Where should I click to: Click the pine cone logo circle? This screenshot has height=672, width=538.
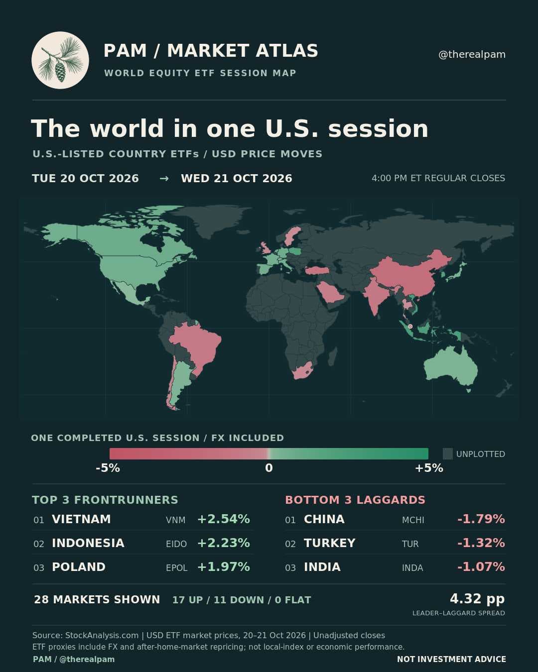click(60, 60)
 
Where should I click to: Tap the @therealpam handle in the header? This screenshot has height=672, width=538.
click(472, 54)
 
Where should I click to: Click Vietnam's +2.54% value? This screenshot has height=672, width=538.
click(224, 519)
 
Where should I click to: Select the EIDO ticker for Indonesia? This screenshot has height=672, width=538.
click(176, 544)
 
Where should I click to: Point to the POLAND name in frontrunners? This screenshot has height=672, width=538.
click(79, 567)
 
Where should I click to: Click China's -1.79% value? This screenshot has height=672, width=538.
click(481, 519)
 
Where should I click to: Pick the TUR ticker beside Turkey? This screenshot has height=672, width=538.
click(410, 544)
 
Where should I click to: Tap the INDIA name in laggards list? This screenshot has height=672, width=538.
click(322, 567)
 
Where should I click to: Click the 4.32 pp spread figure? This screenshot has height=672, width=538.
click(477, 599)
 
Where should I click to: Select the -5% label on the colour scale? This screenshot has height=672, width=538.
click(108, 468)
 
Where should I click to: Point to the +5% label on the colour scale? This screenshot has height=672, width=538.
click(429, 468)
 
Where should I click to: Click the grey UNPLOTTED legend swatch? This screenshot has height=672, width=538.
click(448, 454)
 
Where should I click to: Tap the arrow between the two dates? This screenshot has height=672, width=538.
click(164, 179)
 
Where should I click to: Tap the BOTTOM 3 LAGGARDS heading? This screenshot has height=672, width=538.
click(355, 500)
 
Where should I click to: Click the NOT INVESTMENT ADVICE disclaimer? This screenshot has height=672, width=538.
click(451, 659)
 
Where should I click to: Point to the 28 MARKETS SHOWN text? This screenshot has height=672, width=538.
click(97, 599)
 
